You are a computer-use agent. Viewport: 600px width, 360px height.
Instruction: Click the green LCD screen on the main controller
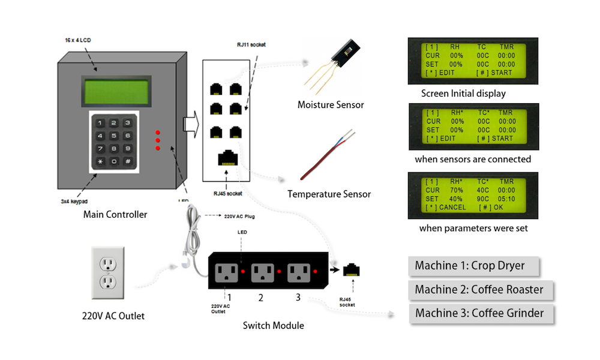116,91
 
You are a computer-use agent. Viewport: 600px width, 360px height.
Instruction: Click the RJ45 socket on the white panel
227,157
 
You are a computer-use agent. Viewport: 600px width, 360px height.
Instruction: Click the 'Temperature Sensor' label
329,194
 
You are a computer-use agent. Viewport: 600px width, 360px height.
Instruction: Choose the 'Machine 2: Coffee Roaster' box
479,289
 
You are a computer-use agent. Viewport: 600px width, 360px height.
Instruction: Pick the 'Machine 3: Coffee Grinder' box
479,313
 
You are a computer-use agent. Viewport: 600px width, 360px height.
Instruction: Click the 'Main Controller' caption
114,214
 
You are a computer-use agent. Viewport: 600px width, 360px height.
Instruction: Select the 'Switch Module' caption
273,326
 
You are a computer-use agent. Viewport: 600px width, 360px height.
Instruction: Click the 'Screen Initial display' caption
463,94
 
